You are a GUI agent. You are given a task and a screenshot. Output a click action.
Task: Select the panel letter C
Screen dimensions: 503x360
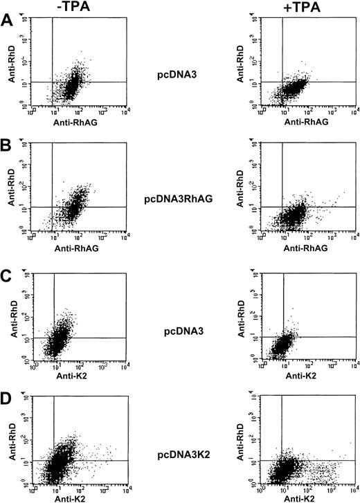tap(7, 272)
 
